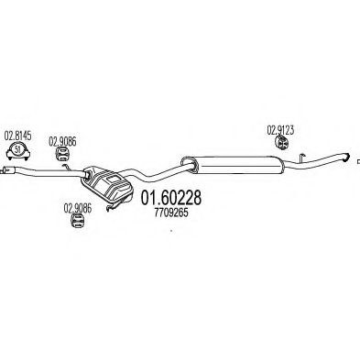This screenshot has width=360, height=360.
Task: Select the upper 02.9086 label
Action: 64,143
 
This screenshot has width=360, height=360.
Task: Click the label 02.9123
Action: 281,128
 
